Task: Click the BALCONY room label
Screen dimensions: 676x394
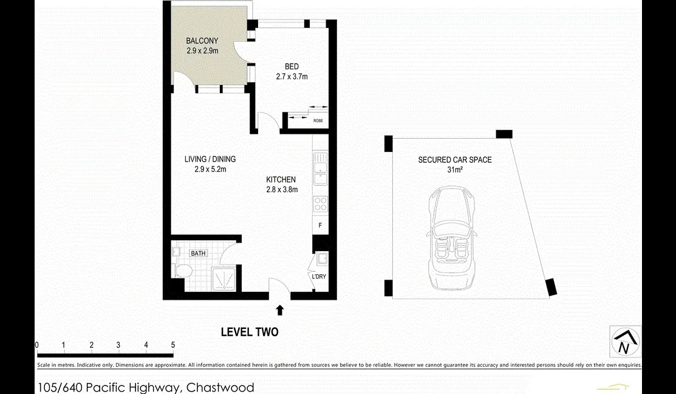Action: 202,41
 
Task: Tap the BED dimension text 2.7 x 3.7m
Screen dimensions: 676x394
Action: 292,77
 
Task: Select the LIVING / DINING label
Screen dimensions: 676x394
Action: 210,159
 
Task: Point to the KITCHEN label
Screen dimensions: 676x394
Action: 281,179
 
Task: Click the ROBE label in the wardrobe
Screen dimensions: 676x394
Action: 318,121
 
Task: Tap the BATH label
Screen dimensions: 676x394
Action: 199,254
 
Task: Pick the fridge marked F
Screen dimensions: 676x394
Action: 320,225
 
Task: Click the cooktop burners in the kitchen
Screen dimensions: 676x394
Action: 320,204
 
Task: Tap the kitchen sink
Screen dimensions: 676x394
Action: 320,168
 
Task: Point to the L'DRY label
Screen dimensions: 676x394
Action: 319,276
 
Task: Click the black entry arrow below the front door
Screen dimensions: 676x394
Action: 280,309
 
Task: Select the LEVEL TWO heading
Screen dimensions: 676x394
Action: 250,332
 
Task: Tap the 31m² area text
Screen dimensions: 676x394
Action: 455,170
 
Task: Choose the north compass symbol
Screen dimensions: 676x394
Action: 625,341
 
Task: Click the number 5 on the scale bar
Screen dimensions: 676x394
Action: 173,345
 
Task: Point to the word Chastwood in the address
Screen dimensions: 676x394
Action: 220,387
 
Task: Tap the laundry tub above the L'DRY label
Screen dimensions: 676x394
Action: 322,258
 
